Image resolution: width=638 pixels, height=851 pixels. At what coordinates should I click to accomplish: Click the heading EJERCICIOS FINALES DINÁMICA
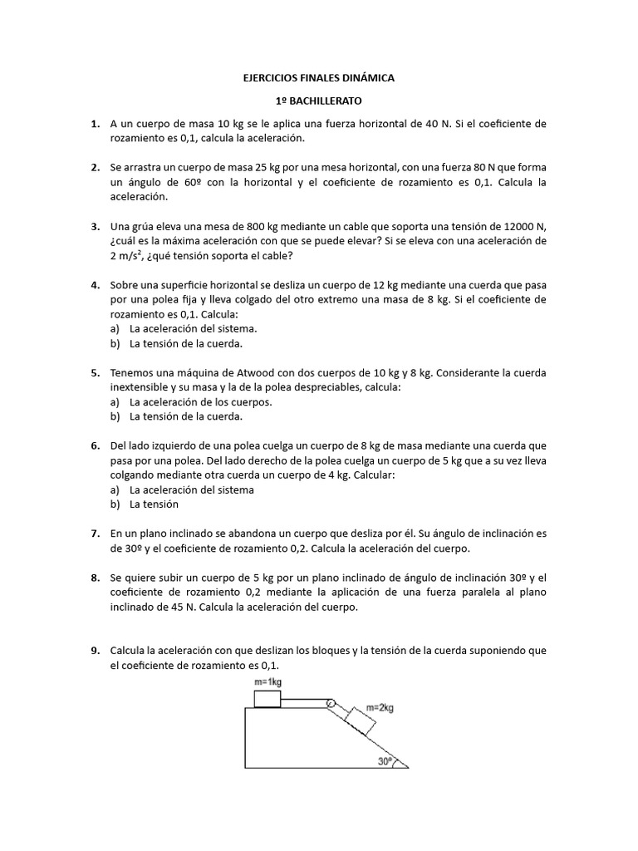(318, 78)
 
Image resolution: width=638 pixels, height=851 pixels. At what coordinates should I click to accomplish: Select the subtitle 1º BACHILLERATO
(318, 101)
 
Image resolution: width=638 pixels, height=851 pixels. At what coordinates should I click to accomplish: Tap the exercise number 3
(95, 226)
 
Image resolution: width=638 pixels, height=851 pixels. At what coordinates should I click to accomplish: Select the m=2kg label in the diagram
(377, 708)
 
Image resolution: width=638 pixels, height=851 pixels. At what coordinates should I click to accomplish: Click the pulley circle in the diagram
(331, 704)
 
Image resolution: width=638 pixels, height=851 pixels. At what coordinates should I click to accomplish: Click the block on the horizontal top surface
(267, 696)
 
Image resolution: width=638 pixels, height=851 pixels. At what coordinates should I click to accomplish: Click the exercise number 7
(95, 534)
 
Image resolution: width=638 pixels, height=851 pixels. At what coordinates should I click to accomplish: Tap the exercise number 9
(95, 651)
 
